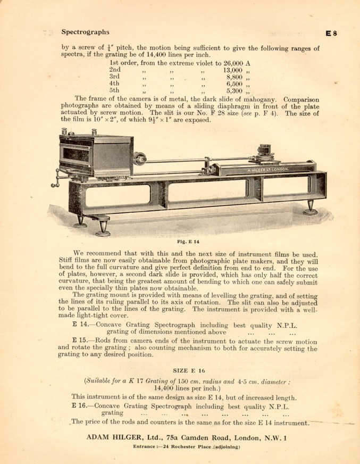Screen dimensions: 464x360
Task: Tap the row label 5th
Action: [x=115, y=91]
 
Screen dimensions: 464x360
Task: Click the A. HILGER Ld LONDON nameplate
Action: [x=267, y=169]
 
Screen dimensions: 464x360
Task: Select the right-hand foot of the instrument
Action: [x=311, y=209]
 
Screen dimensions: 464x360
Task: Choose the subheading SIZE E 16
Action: [x=189, y=369]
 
